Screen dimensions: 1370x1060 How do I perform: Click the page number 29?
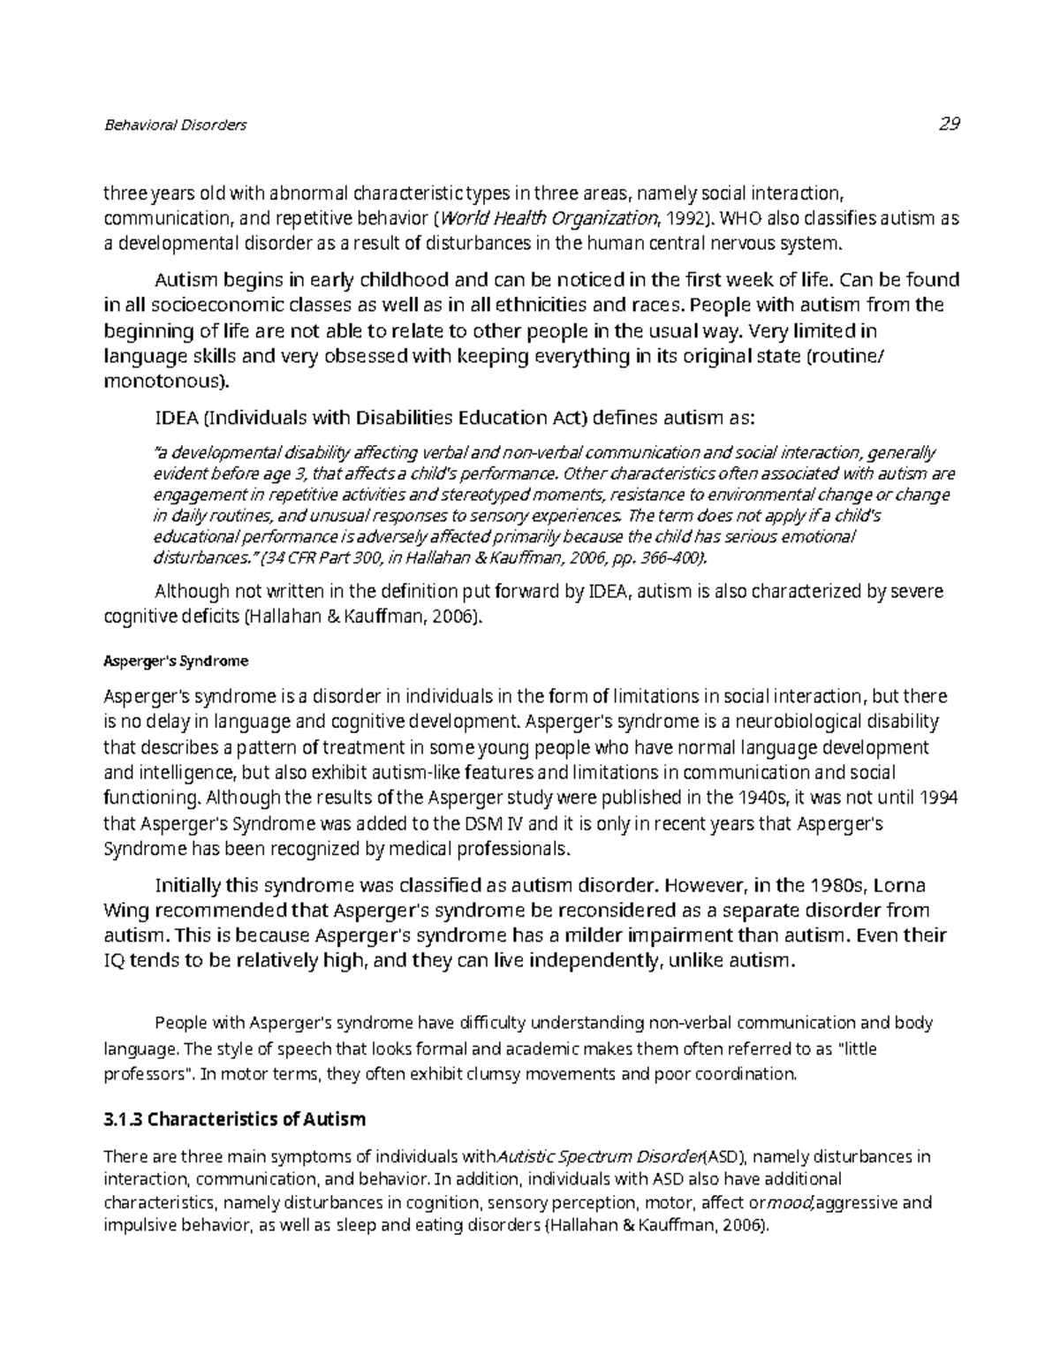tap(949, 124)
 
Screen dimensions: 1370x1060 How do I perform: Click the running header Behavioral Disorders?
tap(175, 125)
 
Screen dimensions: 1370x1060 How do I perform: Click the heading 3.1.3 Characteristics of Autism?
tap(234, 1120)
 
